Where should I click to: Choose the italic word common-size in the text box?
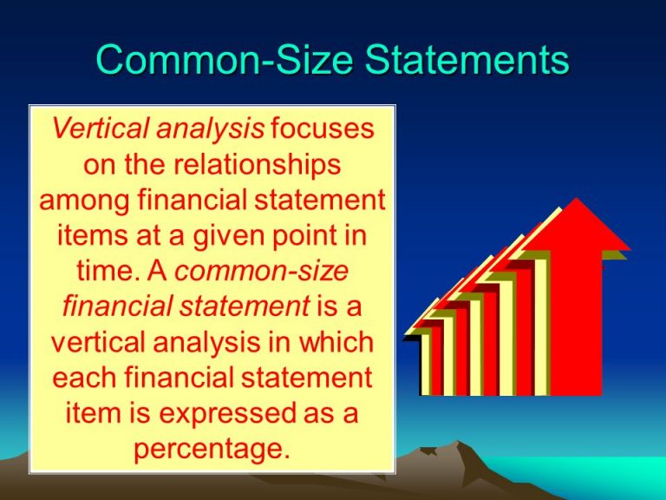261,271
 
